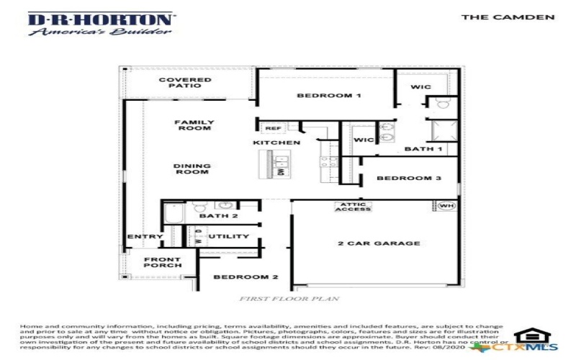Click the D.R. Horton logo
pos(100,23)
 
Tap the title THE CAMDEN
pos(508,17)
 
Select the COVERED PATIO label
pos(175,83)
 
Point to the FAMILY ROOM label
pos(194,125)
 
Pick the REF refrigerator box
pos(274,128)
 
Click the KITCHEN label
pos(276,143)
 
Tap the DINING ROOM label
pos(192,169)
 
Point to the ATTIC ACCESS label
pos(353,207)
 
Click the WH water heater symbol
pos(446,207)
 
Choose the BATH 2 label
pos(218,216)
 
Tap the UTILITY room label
pos(228,236)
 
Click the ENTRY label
pos(145,236)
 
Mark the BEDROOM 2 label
pos(246,277)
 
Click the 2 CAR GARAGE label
pos(379,243)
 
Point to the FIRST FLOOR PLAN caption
pos(289,297)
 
